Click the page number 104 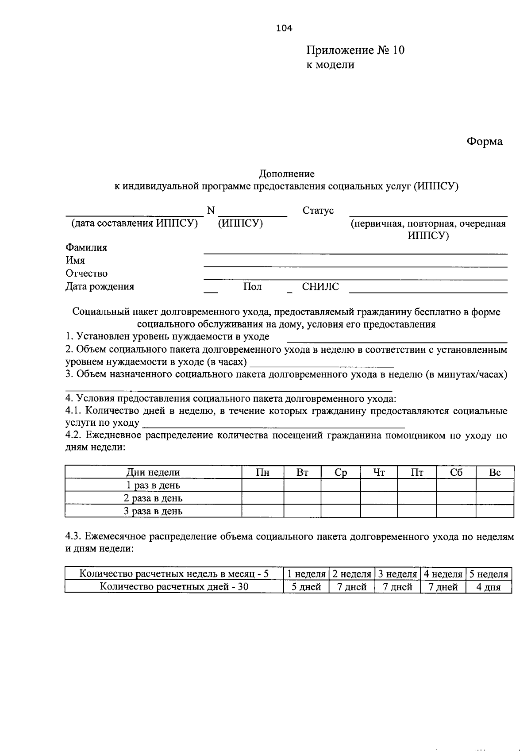click(x=284, y=28)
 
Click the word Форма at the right click(x=485, y=142)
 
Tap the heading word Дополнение click(x=287, y=174)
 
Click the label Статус click(x=318, y=211)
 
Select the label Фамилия click(x=86, y=248)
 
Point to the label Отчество click(x=86, y=273)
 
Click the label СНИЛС click(x=320, y=287)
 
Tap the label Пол click(x=252, y=287)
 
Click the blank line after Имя click(x=355, y=265)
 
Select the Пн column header click(x=263, y=473)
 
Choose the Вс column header click(x=495, y=473)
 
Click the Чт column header click(x=379, y=473)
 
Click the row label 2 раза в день click(x=153, y=498)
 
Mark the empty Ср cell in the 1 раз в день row click(x=340, y=485)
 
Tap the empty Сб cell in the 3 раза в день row click(x=456, y=511)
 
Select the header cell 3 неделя click(x=397, y=574)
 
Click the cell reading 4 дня click(x=489, y=587)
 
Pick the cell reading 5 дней click(x=306, y=587)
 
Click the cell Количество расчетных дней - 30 click(x=174, y=587)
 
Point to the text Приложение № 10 click(x=355, y=50)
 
